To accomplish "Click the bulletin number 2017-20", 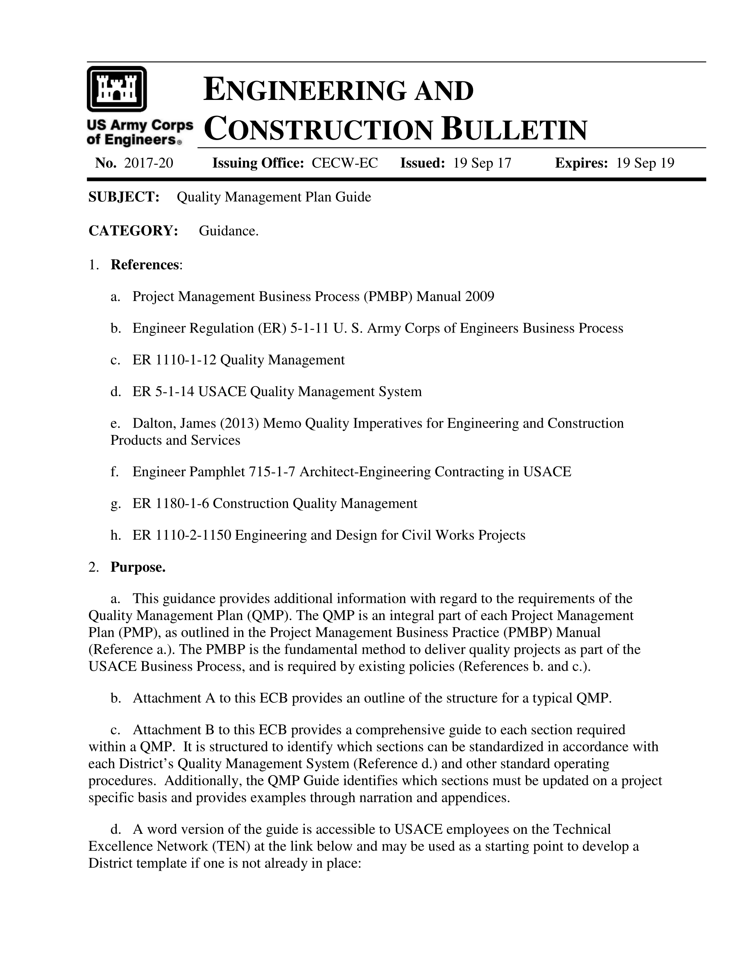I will [148, 163].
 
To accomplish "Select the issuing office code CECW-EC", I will [344, 163].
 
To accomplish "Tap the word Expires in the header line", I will [581, 163].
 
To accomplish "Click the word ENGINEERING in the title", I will [305, 90].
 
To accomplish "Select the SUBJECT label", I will [124, 197].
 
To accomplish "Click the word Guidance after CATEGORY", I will [228, 231].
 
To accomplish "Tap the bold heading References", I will [145, 265].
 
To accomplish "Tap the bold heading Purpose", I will [138, 567].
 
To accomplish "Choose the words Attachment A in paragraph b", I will [174, 698].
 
